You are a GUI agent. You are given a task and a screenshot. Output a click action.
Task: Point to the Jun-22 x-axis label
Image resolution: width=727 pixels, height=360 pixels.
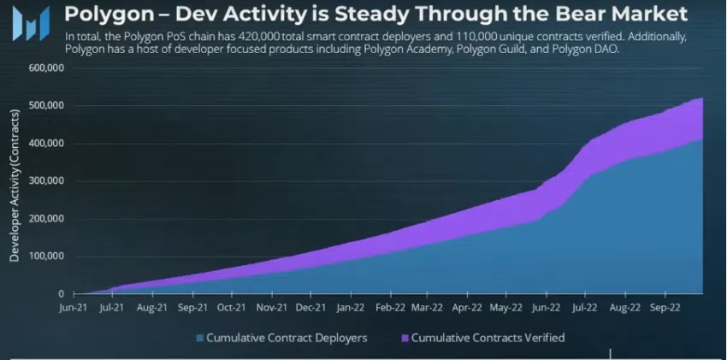point(547,306)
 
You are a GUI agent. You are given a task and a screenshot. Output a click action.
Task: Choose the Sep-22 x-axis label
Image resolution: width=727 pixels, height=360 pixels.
point(665,306)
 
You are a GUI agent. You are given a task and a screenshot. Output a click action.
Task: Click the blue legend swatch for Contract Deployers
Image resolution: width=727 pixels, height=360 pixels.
point(200,338)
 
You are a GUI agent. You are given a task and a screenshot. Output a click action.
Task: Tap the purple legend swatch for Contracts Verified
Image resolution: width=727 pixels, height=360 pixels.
point(405,338)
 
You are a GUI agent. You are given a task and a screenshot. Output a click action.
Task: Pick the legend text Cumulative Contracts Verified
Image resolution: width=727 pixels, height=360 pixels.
point(488,338)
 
